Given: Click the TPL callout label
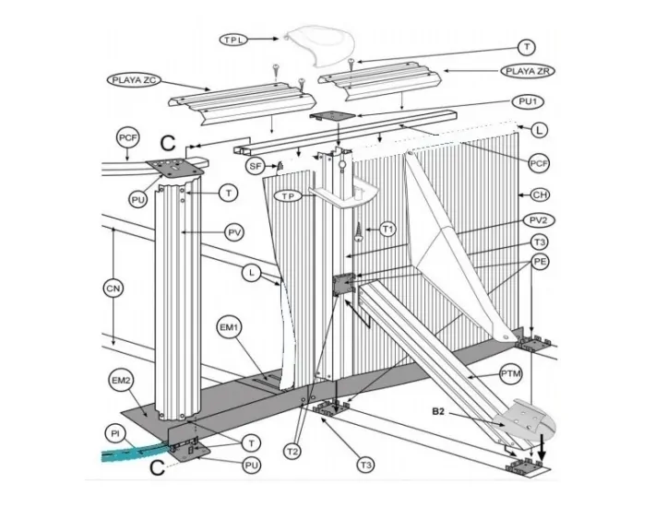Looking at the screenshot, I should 235,40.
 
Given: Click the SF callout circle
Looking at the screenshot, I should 256,166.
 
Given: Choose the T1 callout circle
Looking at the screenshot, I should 387,229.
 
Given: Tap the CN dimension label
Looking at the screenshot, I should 113,289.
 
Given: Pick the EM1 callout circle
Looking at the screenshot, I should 228,327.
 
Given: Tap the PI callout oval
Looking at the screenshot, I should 116,433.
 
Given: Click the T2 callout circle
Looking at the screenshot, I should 292,451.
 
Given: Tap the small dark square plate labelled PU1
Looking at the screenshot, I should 333,119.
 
